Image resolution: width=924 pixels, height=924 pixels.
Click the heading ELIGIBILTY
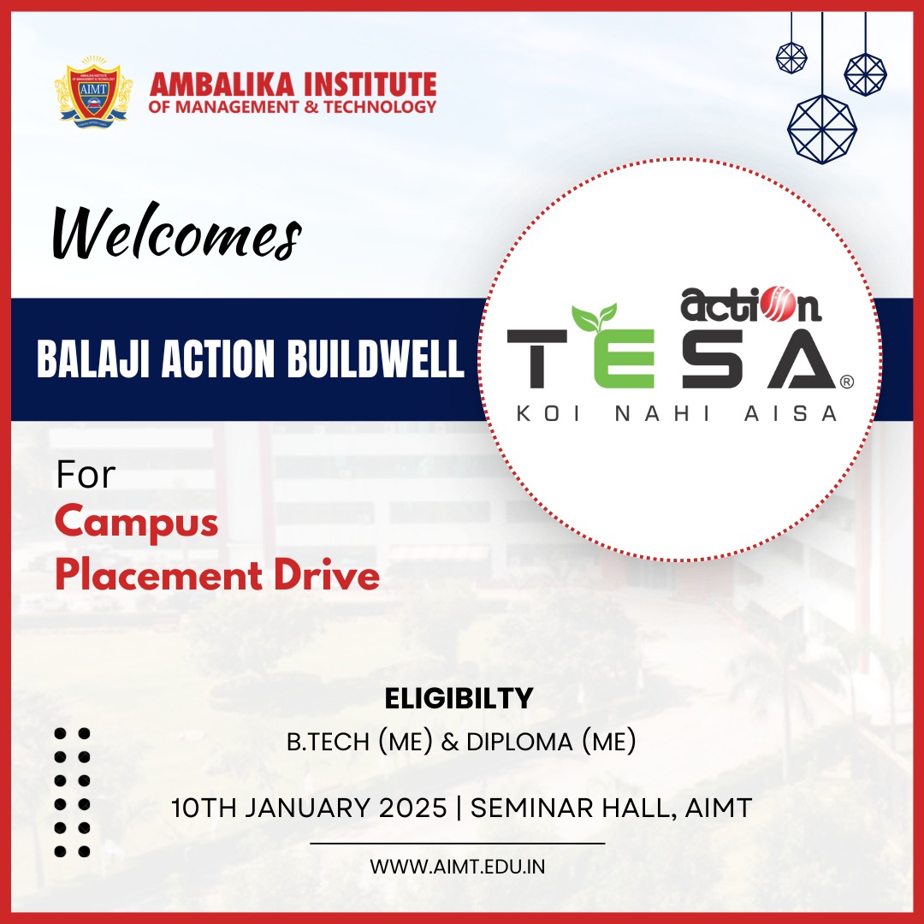point(459,699)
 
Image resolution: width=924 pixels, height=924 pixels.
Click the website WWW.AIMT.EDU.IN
point(458,866)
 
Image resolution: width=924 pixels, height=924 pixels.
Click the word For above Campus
point(86,476)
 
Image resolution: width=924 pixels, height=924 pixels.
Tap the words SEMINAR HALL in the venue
point(576,807)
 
